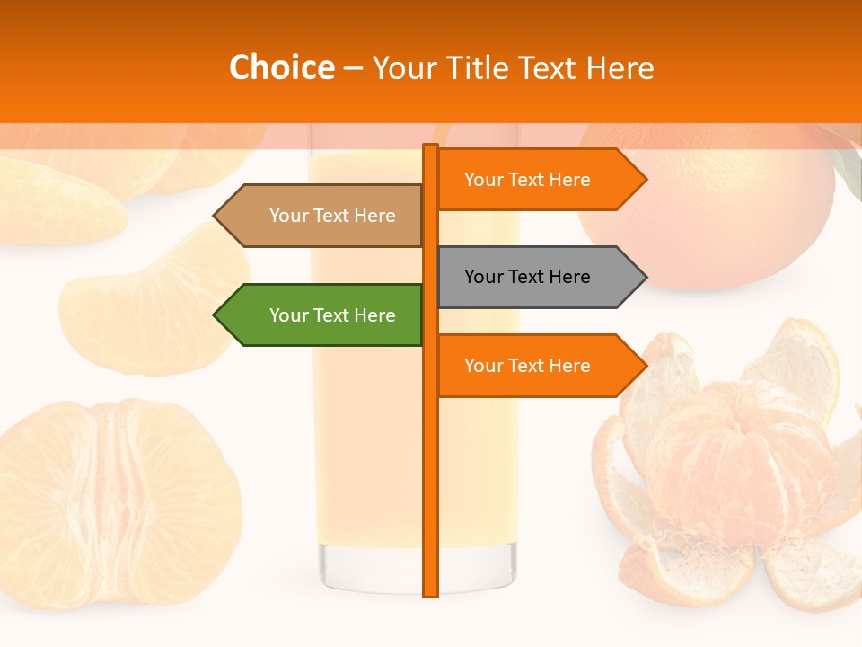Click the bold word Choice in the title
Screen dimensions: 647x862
(x=281, y=67)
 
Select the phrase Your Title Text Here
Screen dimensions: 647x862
(x=513, y=67)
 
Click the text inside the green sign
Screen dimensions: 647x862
(x=332, y=315)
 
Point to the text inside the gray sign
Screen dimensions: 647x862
(x=527, y=277)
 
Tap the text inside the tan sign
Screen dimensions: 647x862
(x=332, y=216)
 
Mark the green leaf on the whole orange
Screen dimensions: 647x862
(x=848, y=171)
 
